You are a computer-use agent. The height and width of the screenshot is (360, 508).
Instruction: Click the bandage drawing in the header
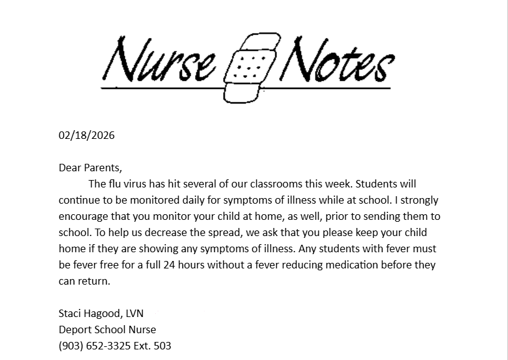click(247, 67)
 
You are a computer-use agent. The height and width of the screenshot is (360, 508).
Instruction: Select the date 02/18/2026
click(87, 135)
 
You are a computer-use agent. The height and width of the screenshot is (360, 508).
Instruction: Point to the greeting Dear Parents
click(90, 168)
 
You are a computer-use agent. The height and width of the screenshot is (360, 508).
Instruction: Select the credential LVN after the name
click(134, 313)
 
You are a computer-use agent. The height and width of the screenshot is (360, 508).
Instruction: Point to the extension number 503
click(162, 346)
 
